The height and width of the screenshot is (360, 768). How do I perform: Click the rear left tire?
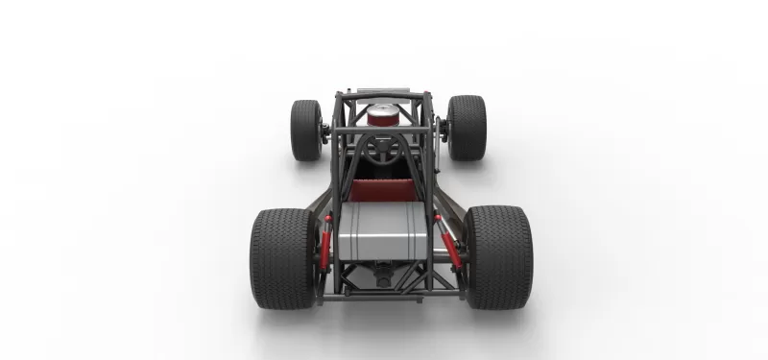(281, 256)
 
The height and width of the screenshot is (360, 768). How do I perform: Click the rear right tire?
(498, 256)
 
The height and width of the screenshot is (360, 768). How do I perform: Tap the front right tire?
(468, 127)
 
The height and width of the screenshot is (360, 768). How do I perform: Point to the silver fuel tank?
(383, 230)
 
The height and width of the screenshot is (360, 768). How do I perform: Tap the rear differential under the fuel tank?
(384, 276)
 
